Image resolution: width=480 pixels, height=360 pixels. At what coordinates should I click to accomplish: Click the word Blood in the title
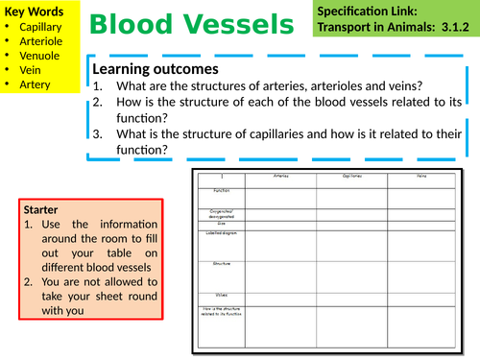(x=136, y=22)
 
